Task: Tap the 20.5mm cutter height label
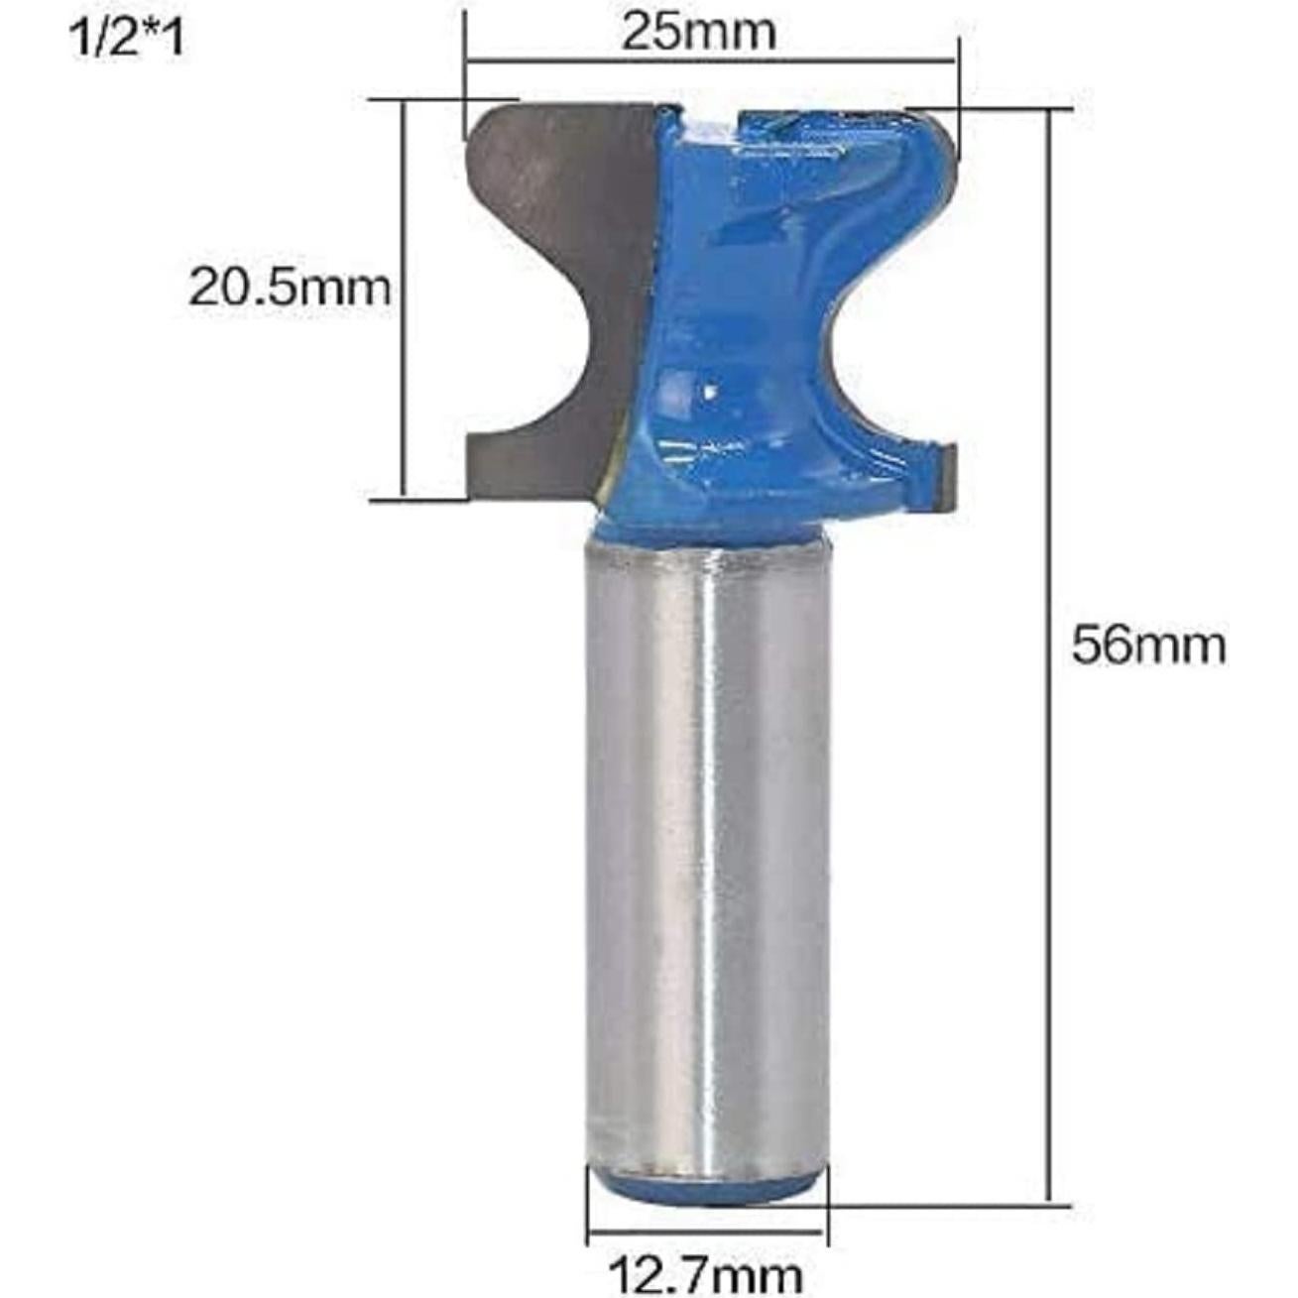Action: [290, 289]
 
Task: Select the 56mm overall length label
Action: [1148, 647]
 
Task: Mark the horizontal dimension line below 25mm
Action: [712, 62]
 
